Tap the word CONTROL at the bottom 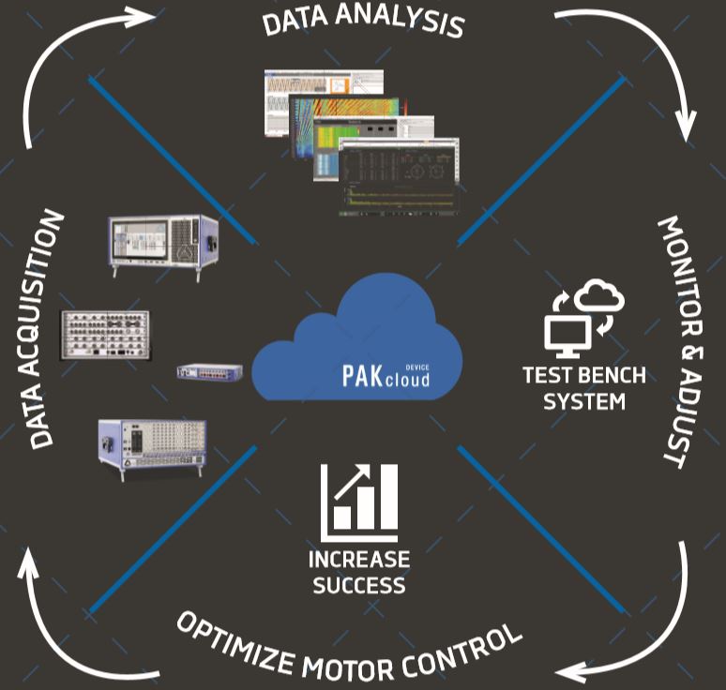click(460, 648)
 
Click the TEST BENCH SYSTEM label click(584, 388)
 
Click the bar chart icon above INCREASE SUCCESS click(359, 502)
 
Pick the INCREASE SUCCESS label click(359, 572)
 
